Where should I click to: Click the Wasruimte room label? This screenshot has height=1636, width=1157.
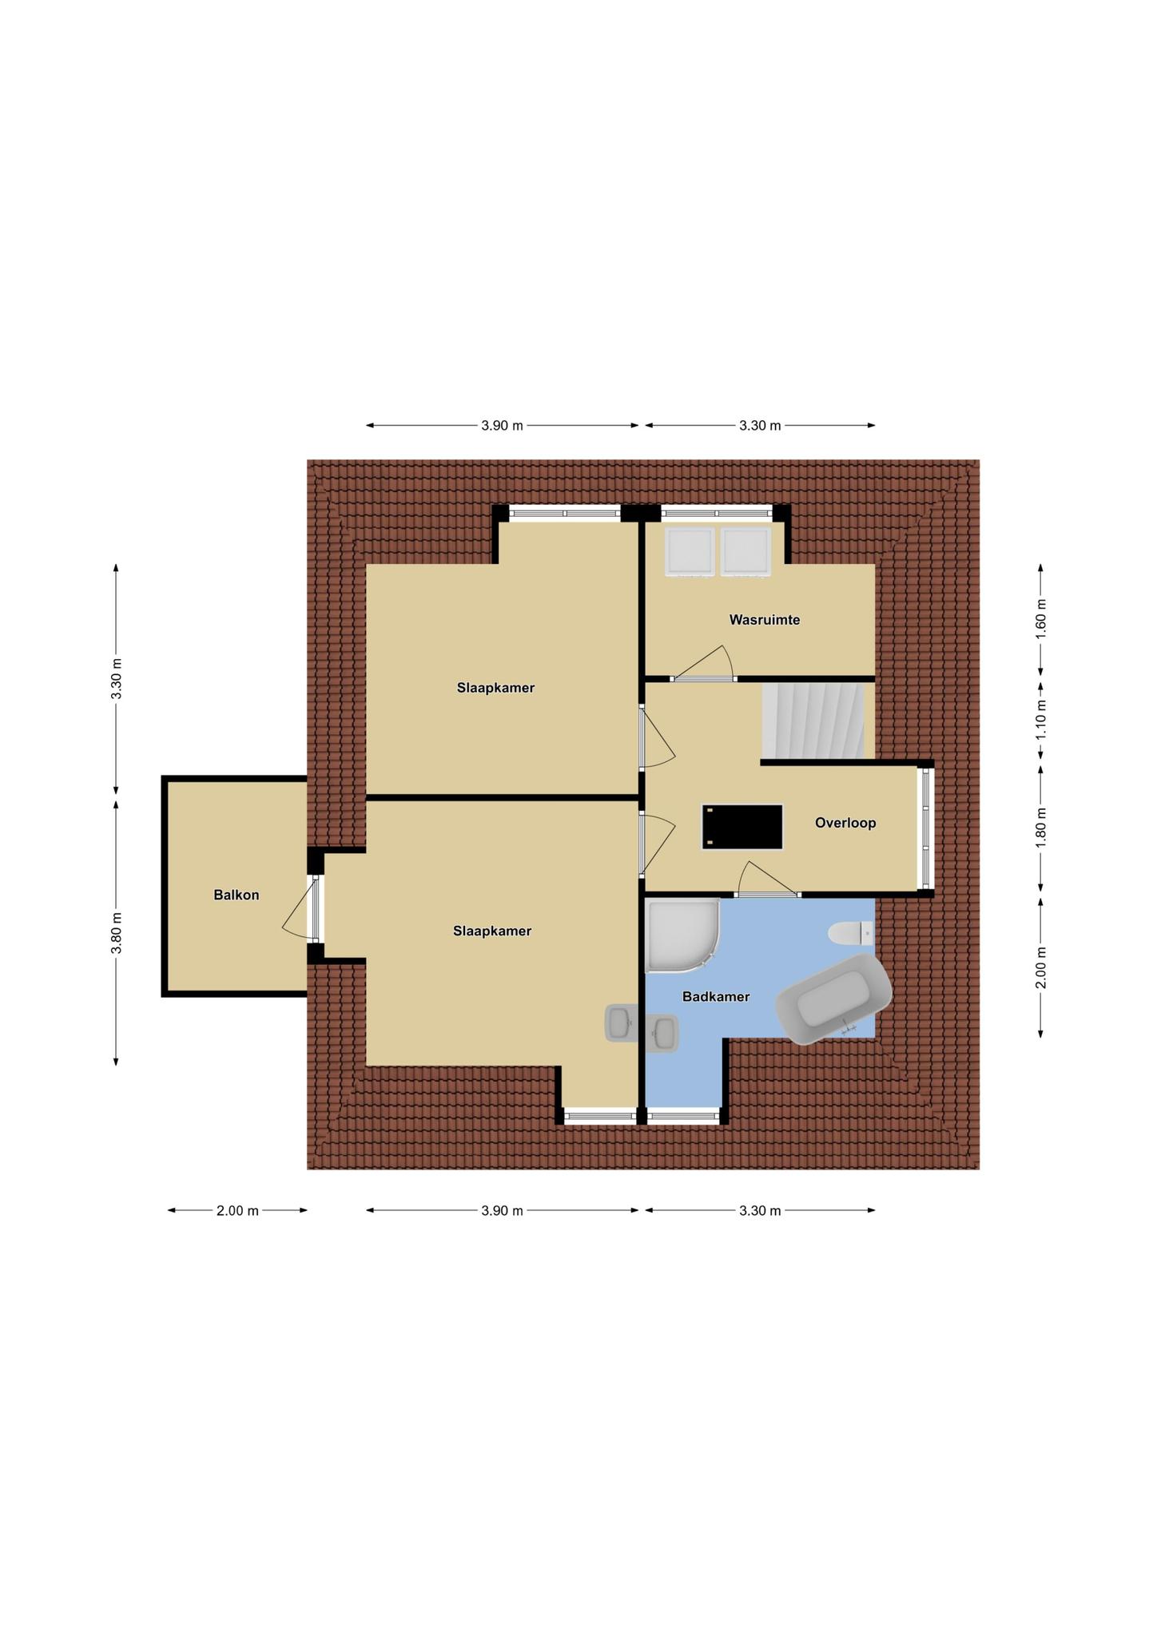[764, 620]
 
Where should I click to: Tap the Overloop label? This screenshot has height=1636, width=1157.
[845, 823]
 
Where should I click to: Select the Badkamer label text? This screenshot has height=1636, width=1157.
[716, 997]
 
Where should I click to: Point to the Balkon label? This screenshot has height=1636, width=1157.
[237, 895]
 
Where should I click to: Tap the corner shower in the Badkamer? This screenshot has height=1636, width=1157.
[682, 935]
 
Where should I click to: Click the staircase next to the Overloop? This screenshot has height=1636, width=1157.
[813, 721]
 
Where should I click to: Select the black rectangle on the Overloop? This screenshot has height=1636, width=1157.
[742, 827]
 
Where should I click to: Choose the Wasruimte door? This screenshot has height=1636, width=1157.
[703, 664]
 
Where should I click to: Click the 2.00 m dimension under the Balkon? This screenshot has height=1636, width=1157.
[237, 1210]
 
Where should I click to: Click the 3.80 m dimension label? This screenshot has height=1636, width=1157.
[117, 932]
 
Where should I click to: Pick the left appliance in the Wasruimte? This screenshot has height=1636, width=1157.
[690, 551]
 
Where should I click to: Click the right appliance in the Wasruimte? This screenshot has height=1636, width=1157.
[745, 551]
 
